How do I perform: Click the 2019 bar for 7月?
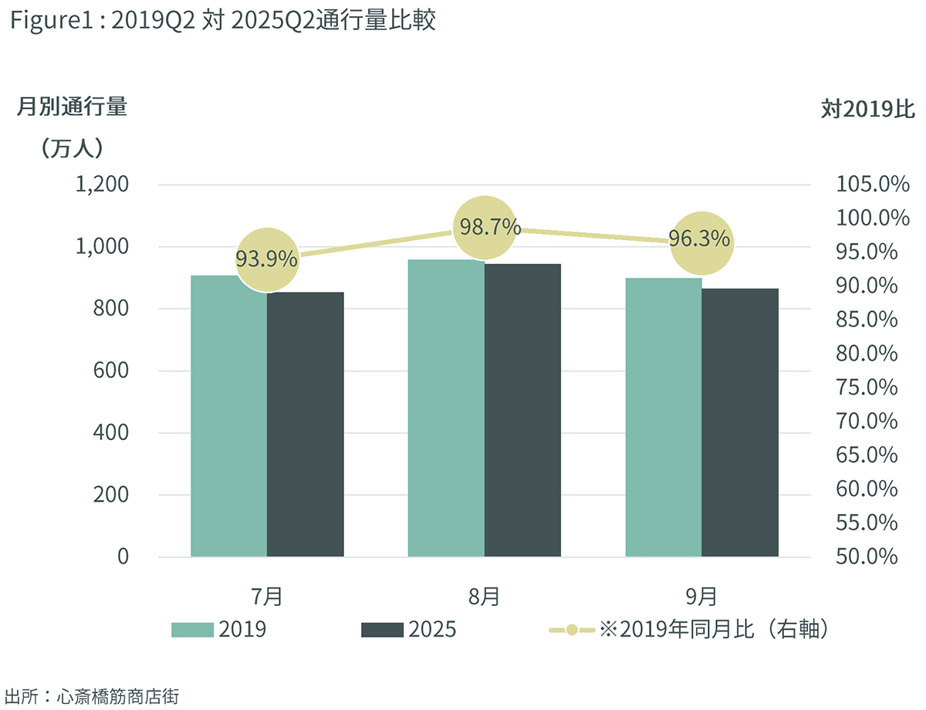click(228, 417)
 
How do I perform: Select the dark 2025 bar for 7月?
click(306, 424)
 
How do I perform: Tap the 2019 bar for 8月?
click(446, 409)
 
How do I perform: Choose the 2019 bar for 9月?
click(664, 417)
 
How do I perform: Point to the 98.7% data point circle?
click(485, 228)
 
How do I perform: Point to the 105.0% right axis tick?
click(872, 184)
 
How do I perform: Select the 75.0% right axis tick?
click(867, 387)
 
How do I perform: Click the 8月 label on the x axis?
click(484, 596)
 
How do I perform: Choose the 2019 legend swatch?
click(191, 630)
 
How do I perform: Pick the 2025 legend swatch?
click(382, 630)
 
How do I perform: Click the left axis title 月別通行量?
click(72, 107)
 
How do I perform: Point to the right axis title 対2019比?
click(867, 110)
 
